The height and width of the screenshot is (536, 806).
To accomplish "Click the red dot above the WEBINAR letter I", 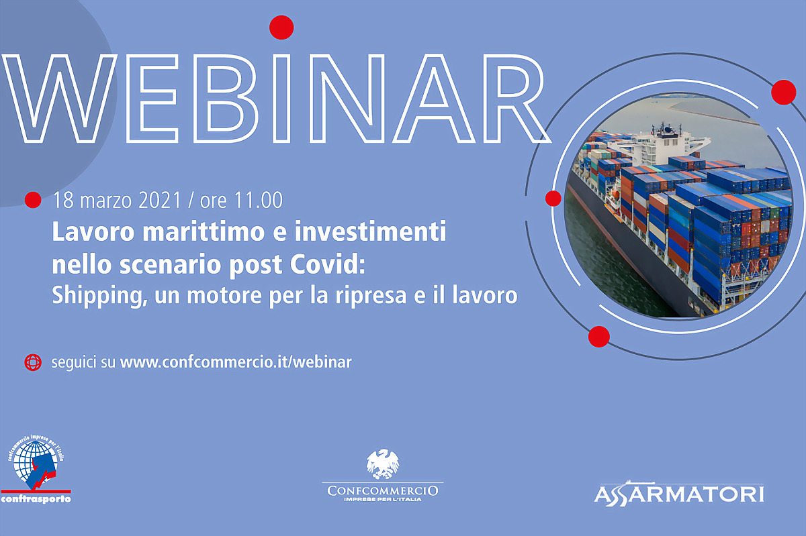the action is [281, 28].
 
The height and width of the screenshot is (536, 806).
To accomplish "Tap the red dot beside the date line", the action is [33, 200].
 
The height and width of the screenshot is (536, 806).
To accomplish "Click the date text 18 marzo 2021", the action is [117, 200].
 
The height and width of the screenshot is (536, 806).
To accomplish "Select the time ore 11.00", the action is [241, 200].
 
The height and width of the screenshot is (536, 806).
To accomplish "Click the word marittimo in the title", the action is [204, 231].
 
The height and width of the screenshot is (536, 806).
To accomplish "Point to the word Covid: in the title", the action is [328, 264].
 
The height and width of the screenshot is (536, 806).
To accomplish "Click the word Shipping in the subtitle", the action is [99, 296].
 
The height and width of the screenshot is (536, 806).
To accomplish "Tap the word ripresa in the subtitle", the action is [371, 296].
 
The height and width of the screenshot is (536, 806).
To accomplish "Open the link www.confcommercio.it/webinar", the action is [236, 362].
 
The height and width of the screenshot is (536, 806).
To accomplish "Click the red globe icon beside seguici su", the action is [33, 362].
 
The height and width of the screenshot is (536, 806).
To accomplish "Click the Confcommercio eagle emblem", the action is [382, 464].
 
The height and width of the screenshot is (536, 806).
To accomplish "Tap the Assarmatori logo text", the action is [679, 494].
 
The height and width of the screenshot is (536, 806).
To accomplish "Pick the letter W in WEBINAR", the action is [59, 99].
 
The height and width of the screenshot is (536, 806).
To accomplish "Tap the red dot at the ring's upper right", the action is [783, 92].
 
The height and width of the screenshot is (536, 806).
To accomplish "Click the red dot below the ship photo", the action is [598, 337].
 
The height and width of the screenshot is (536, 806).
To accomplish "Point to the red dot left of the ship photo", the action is [553, 199].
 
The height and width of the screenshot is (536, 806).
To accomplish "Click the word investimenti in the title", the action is [370, 231].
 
